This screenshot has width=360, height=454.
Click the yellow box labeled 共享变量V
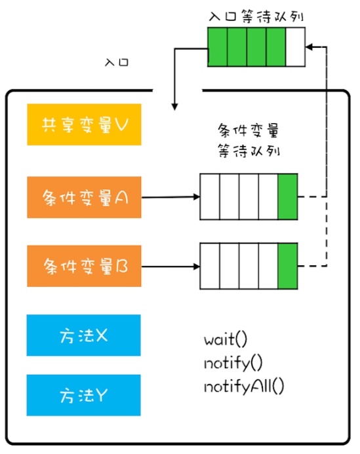[84, 124]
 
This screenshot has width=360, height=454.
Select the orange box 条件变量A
[84, 197]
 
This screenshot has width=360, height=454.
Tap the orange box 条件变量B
[84, 266]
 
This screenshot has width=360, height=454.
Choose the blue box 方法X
[83, 335]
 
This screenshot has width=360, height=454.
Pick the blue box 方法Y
[83, 395]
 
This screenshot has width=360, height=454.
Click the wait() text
[226, 339]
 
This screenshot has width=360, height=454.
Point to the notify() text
[233, 363]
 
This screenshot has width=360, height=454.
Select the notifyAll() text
[244, 387]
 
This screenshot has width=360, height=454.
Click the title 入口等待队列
[256, 16]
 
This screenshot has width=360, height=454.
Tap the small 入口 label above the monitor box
[117, 62]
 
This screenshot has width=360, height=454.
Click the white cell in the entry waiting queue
[295, 47]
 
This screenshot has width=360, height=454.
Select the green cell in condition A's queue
[288, 197]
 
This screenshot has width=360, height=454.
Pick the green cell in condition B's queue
[288, 266]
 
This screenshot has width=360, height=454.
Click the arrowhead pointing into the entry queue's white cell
[309, 47]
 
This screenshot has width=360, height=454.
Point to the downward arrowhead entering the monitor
[174, 107]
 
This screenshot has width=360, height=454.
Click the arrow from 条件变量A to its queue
[170, 197]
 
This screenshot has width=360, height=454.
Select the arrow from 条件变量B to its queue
[170, 267]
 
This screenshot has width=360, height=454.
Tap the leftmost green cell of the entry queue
[218, 47]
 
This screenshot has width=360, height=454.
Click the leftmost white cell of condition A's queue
[210, 197]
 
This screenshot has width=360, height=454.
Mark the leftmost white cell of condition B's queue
[210, 266]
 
